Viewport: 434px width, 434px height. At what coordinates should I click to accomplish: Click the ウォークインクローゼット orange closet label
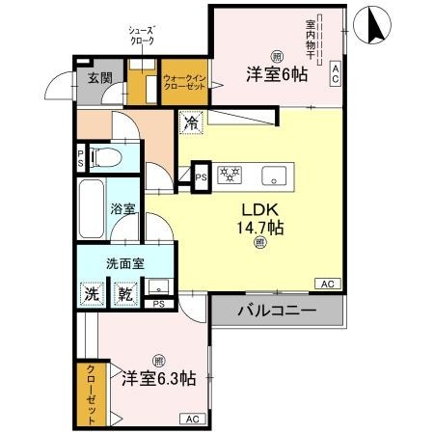tap(182, 81)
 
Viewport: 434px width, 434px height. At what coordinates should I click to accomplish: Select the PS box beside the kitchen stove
tap(201, 176)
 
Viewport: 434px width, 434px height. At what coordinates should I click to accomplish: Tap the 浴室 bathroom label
tap(121, 207)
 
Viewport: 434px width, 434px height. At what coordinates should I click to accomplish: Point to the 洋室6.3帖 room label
tap(158, 378)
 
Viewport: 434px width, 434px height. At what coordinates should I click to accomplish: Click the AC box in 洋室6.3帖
tap(191, 419)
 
